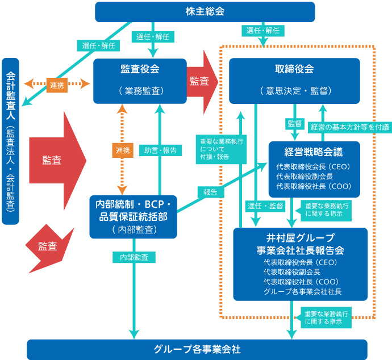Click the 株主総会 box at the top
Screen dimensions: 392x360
(205, 12)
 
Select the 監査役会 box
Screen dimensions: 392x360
(140, 81)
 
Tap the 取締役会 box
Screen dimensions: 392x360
(294, 81)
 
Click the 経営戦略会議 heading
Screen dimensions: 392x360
(313, 152)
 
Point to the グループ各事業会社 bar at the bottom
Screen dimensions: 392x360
(197, 349)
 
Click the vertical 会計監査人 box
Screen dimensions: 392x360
(10, 141)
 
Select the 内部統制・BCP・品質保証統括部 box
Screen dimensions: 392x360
(134, 217)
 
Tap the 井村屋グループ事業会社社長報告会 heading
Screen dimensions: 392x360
(301, 244)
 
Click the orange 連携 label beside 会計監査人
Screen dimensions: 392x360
(57, 85)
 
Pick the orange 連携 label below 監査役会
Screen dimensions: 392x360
(123, 150)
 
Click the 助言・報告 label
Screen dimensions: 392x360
(160, 150)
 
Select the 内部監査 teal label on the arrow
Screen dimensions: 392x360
(134, 257)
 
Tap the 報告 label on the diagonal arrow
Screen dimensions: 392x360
(211, 192)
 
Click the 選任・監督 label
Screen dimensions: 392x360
(265, 206)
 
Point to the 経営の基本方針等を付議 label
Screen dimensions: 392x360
(350, 127)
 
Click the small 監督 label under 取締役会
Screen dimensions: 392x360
(295, 123)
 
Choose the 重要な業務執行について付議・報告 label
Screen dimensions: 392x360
(221, 149)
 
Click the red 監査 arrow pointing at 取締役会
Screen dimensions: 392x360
(202, 82)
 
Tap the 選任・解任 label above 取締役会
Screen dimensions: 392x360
(263, 31)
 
